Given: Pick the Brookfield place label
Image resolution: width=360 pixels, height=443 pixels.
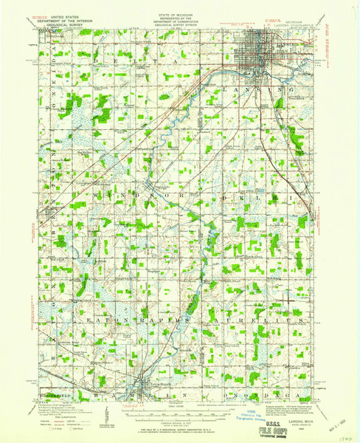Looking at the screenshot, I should click(53, 385).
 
